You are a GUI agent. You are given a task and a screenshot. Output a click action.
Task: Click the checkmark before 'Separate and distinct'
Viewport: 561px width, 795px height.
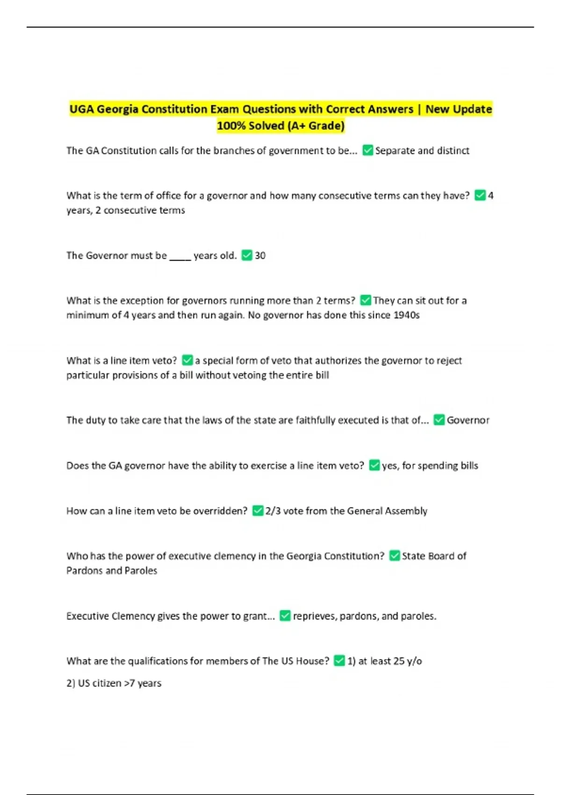click(367, 150)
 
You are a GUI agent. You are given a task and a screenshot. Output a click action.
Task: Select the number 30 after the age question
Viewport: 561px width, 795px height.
click(260, 255)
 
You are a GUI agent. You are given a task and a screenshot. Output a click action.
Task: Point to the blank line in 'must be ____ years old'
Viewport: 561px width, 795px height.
click(180, 256)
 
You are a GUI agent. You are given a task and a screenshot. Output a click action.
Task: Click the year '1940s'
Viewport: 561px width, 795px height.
click(406, 315)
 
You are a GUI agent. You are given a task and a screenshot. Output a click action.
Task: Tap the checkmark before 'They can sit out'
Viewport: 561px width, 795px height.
click(366, 300)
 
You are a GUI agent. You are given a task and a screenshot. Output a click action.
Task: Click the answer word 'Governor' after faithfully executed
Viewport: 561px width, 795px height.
click(468, 420)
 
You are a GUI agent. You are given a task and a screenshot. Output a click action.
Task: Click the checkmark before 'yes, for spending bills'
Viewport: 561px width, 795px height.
click(374, 465)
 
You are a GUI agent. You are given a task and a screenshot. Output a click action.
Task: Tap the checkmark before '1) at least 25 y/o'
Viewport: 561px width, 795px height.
click(339, 661)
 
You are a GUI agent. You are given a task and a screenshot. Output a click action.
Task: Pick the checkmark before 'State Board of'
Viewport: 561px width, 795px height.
click(395, 556)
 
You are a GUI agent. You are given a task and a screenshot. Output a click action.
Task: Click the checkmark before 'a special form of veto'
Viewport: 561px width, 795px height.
click(187, 360)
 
